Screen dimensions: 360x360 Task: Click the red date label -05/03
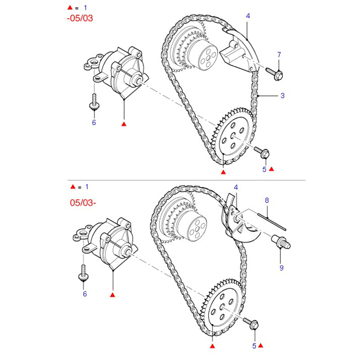tap(80, 18)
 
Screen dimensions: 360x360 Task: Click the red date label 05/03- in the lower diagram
tap(83, 203)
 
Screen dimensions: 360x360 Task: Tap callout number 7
tap(279, 54)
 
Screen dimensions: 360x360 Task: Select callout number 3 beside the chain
tap(283, 95)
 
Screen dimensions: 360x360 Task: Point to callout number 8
tap(267, 200)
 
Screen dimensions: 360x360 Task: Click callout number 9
tap(282, 268)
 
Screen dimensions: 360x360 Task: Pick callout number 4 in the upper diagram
tap(248, 16)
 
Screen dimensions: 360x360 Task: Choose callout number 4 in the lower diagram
tap(236, 187)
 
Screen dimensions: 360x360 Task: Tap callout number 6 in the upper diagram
tap(94, 122)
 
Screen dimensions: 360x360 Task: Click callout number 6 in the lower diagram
tap(85, 294)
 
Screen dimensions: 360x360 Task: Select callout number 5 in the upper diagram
tap(265, 170)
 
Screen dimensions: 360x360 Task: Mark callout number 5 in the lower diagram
tap(254, 346)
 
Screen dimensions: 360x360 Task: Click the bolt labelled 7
tap(274, 73)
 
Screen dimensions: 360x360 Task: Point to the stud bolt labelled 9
tap(281, 242)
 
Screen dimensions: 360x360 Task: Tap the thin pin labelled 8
tap(272, 222)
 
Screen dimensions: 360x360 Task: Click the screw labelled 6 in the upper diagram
tap(94, 102)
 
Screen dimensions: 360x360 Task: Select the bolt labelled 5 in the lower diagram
tap(251, 323)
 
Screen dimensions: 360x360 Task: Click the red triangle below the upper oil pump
tap(124, 124)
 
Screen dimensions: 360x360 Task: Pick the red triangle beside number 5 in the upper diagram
tap(271, 169)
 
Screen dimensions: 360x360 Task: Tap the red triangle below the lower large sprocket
tap(212, 346)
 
